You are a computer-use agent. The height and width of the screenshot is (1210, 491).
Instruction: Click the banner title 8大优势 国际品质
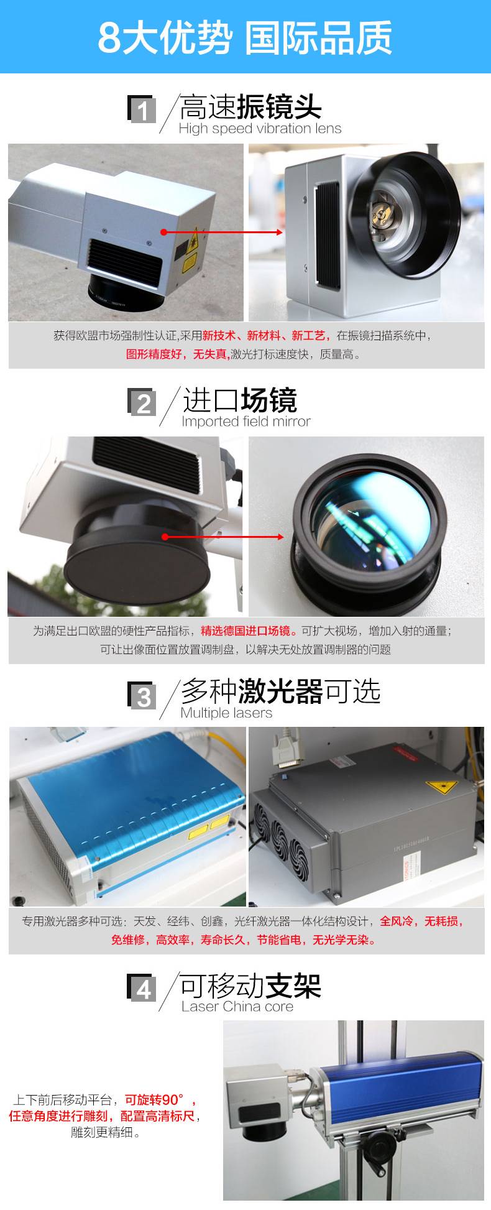pos(245,37)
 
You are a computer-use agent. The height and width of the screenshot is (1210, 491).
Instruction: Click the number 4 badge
pos(142,987)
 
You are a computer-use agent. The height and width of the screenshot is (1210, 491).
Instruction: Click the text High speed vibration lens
pos(260,129)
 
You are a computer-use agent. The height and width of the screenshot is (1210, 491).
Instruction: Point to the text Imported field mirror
pos(246,422)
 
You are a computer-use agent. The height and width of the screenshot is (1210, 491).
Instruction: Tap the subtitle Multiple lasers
pos(226,713)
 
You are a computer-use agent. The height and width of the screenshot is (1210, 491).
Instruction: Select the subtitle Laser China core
pos(237,1006)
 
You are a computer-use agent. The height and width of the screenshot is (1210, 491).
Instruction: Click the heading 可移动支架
pos(250,986)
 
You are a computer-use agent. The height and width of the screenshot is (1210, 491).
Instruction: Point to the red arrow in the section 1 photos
pos(222,232)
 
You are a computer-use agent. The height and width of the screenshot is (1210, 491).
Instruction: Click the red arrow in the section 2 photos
pos(223,537)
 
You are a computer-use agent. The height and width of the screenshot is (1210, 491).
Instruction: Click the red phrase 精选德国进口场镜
pos(245,630)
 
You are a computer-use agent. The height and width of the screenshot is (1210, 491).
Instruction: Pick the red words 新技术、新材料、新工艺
pos(263,336)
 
